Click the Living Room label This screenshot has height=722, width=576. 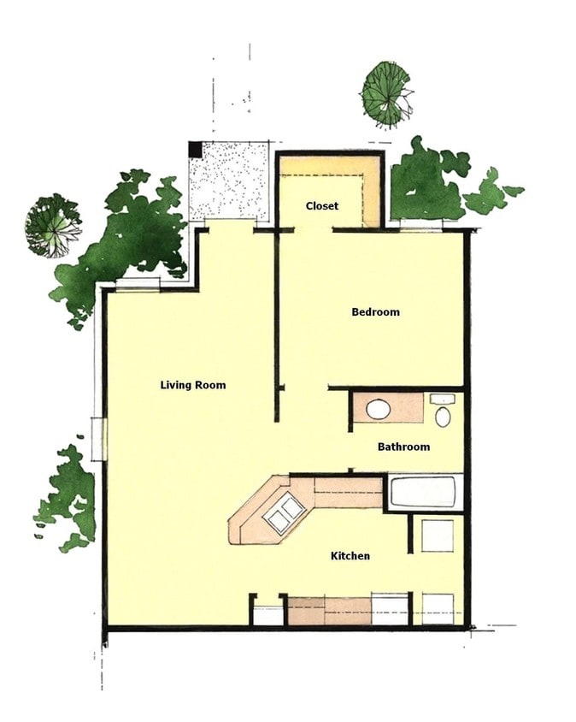(193, 385)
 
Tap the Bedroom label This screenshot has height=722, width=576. (375, 312)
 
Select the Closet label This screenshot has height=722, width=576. (321, 206)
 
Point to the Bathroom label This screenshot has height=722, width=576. (403, 447)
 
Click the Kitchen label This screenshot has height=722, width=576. (350, 556)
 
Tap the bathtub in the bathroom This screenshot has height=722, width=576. (425, 492)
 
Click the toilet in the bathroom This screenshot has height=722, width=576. (442, 417)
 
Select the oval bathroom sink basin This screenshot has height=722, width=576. (378, 409)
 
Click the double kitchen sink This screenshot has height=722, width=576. (283, 514)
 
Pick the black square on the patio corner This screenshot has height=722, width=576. (196, 149)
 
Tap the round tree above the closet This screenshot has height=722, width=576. (386, 92)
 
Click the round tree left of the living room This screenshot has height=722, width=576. (52, 225)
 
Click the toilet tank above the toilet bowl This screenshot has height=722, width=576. (442, 399)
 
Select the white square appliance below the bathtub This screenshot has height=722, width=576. (438, 536)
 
